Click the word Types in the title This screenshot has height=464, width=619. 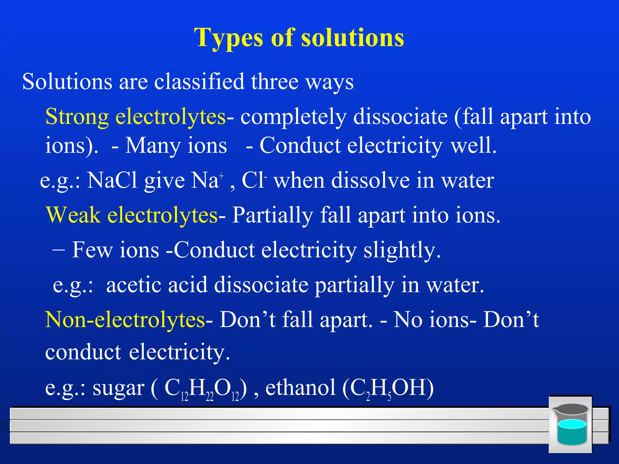pos(229,38)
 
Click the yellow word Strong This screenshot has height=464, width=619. pos(77,117)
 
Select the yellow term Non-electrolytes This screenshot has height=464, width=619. pos(125,320)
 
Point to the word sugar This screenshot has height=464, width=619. pos(118,388)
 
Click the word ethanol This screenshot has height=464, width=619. pos(300,388)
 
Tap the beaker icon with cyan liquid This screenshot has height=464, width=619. pos(571,424)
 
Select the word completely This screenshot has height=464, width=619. pos(293,117)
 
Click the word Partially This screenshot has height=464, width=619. pos(272,215)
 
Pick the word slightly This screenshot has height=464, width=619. pos(402,250)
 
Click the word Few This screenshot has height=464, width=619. pos(92,250)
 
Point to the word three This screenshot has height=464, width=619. pos(275,82)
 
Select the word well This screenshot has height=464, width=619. pos(474,146)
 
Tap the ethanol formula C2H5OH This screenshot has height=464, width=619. pos(388,389)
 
